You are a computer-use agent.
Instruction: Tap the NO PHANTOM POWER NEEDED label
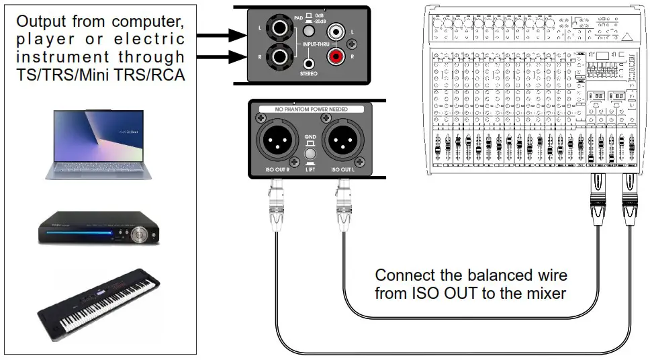click(310, 109)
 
